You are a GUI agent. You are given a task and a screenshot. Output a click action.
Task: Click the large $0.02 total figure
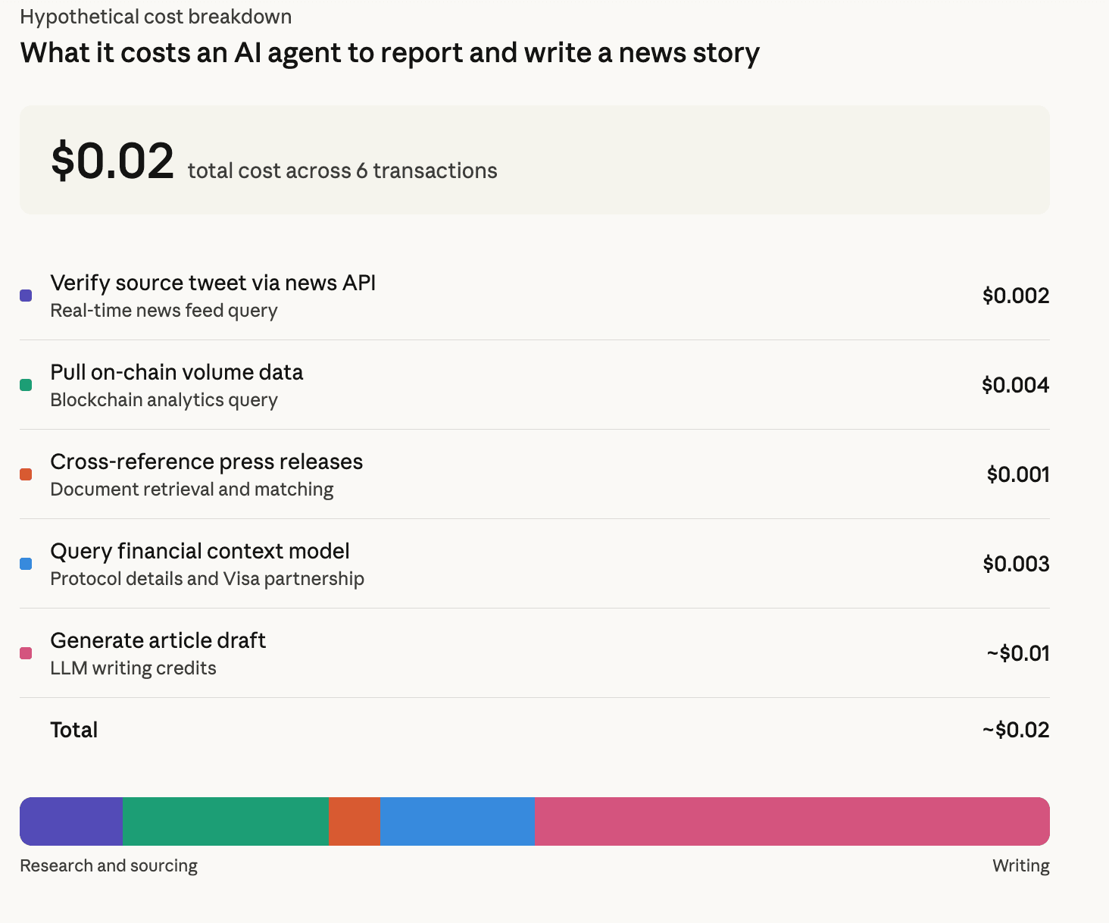coord(112,161)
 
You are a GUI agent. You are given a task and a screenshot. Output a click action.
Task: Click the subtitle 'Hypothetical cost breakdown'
coord(155,17)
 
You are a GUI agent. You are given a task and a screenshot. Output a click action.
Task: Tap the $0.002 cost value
coord(1015,296)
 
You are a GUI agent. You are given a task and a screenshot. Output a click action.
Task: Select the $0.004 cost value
coord(1015,385)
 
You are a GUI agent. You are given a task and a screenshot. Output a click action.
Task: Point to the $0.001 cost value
coord(1017,474)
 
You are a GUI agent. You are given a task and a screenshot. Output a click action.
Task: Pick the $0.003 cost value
coord(1015,564)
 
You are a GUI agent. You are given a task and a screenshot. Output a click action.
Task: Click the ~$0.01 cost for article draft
coord(1017,653)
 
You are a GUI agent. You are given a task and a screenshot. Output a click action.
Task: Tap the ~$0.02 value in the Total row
coord(1015,730)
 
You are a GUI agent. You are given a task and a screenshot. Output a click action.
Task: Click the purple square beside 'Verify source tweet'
coord(26,296)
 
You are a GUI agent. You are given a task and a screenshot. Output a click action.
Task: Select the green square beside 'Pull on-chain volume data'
coord(26,385)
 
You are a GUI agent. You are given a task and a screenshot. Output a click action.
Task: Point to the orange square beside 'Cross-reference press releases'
coord(26,474)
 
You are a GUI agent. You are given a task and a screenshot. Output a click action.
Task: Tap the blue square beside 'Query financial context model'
coord(26,564)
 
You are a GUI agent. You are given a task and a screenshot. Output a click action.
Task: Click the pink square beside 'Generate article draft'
coord(26,653)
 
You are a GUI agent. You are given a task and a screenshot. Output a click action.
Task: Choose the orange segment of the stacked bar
coord(354,821)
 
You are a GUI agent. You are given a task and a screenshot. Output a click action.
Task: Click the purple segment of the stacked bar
coord(72,821)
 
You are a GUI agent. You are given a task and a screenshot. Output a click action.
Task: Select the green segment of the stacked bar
coord(225,821)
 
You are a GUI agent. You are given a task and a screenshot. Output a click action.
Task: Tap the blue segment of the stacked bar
coord(457,821)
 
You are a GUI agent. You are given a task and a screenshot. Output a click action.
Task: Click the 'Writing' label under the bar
coord(1020,865)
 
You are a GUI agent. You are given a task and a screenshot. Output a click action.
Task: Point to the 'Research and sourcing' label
coord(108,865)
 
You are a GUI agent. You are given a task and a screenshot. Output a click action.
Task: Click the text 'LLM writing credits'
coord(133,668)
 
